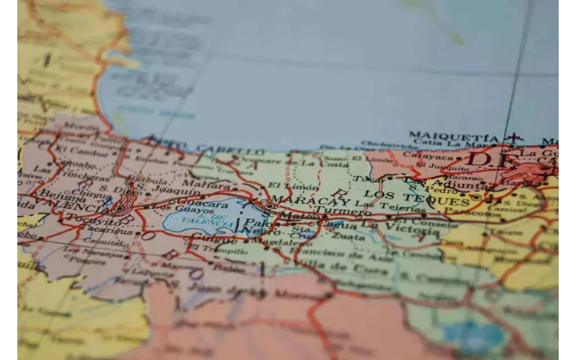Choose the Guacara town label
[x=204, y=203]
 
